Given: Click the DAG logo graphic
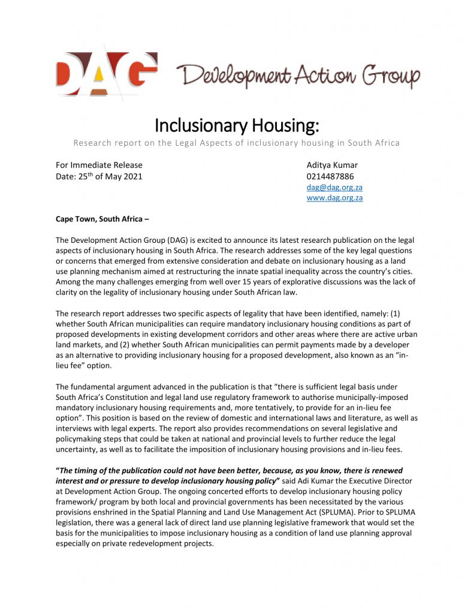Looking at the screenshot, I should coord(106,74).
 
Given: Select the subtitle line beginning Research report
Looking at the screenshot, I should coord(237,143).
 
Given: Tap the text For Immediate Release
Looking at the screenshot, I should coord(99,165).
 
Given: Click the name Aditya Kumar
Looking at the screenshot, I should coord(332,165).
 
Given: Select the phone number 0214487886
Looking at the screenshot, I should coord(330,176).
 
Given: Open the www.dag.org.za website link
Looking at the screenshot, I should coord(334,198).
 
